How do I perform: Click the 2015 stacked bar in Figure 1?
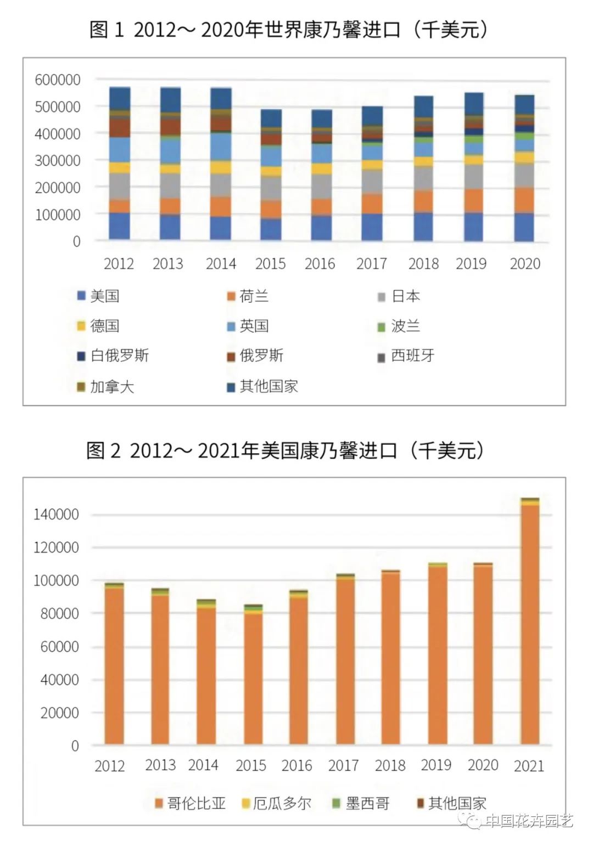click(x=271, y=174)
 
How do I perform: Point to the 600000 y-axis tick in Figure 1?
click(x=58, y=80)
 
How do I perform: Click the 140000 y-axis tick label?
click(x=56, y=515)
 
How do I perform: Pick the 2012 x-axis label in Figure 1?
click(x=119, y=264)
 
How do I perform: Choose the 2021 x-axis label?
click(x=528, y=766)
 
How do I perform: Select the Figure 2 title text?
click(x=286, y=451)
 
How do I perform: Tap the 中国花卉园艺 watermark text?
click(x=529, y=821)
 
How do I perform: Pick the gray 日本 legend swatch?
click(x=382, y=297)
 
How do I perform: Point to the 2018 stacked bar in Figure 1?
click(x=423, y=168)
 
